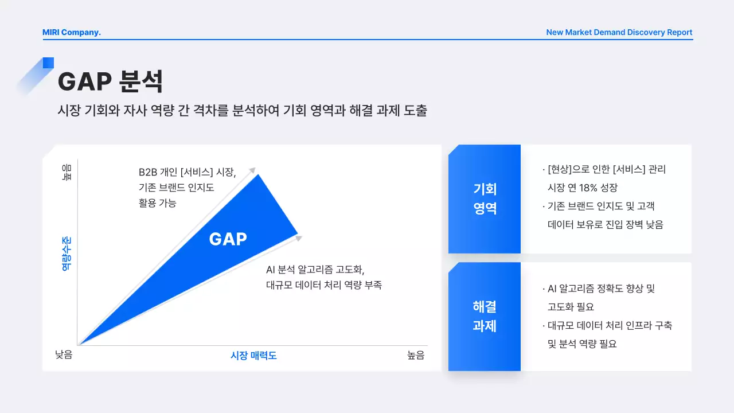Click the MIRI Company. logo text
[72, 32]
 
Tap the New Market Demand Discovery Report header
[619, 32]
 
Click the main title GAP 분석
[110, 81]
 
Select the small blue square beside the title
[48, 63]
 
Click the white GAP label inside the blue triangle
[228, 239]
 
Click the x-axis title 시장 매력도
[253, 356]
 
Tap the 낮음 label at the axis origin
[64, 356]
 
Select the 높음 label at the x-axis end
[416, 356]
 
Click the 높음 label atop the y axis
[67, 172]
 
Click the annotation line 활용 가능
[158, 203]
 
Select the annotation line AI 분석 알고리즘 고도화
[315, 270]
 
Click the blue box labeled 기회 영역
[485, 198]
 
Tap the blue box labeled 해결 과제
[485, 316]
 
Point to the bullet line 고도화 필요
[571, 307]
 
